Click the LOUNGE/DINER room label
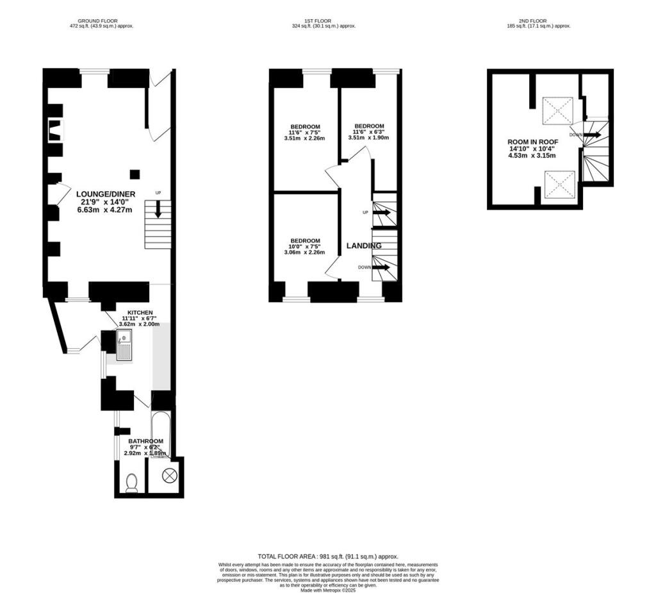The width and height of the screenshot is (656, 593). click(x=106, y=194)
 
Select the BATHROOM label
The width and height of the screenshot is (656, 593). click(x=146, y=441)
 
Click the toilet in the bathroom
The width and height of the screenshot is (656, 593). click(x=132, y=482)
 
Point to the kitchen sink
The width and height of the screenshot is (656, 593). click(x=124, y=345)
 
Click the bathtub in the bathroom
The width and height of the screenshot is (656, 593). click(x=160, y=435)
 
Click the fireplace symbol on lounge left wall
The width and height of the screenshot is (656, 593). click(x=56, y=130)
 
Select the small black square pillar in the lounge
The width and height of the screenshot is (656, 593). click(x=135, y=174)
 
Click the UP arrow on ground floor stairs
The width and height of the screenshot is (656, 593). click(x=158, y=210)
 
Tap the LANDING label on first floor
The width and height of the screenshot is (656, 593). click(x=364, y=246)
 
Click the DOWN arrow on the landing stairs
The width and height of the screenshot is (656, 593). click(x=381, y=267)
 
